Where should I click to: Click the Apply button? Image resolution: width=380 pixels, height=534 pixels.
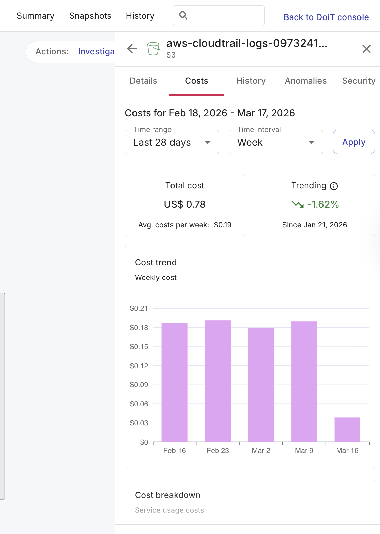tap(353, 142)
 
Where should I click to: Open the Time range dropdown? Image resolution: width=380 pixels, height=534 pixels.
tap(172, 142)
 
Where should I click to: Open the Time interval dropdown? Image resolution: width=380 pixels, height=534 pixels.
tap(275, 142)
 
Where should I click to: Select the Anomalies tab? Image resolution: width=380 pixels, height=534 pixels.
tap(305, 81)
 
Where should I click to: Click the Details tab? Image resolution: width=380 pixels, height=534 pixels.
tap(143, 81)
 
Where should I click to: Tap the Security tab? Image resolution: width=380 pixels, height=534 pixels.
tap(358, 81)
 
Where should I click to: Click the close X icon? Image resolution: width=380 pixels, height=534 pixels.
tap(366, 49)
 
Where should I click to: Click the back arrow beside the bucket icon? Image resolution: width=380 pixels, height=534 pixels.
tap(132, 49)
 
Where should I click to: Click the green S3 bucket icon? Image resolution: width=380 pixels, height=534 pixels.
tap(153, 49)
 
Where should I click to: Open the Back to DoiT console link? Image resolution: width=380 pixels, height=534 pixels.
tap(326, 17)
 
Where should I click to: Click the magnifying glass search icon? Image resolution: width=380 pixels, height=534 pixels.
tap(183, 15)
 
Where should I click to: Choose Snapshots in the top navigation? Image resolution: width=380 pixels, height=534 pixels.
tap(90, 16)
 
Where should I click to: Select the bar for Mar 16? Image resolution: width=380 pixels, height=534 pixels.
tap(347, 429)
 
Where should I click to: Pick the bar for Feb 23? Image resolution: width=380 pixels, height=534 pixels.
tap(218, 381)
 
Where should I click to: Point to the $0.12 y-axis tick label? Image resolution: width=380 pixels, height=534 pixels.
tap(139, 366)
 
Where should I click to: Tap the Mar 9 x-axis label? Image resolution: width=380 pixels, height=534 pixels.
tap(304, 451)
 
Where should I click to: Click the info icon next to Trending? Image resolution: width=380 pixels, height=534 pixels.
tap(334, 186)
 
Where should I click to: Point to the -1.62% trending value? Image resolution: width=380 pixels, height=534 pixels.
tap(323, 204)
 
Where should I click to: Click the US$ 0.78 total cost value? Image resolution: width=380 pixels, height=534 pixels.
tap(185, 204)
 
